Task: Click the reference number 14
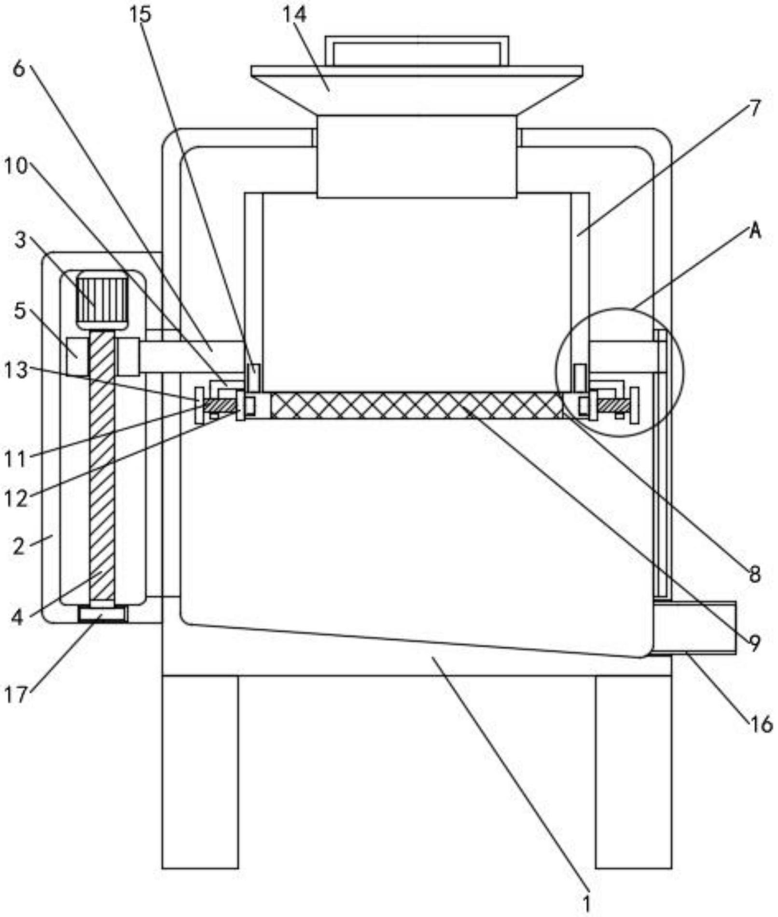[x=294, y=14]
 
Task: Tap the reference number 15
[x=140, y=14]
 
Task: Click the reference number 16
[x=760, y=724]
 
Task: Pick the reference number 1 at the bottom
[x=587, y=903]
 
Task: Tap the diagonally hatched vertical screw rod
[x=102, y=464]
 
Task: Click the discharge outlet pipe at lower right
[x=695, y=628]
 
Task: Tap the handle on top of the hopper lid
[x=417, y=50]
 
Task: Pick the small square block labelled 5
[x=77, y=356]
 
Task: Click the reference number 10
[x=15, y=166]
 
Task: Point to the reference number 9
[x=755, y=642]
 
